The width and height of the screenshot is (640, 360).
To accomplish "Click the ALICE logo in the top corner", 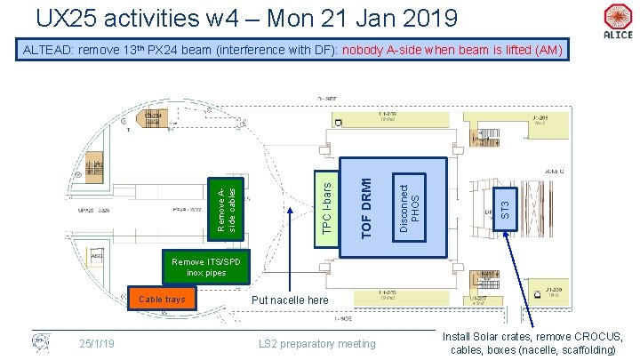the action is click(x=617, y=20).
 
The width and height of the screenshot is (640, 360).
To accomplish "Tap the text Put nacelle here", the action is click(x=291, y=301).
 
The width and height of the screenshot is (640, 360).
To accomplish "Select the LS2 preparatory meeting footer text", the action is click(x=316, y=344).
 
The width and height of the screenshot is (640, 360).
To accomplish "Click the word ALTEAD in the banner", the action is click(x=49, y=50).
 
